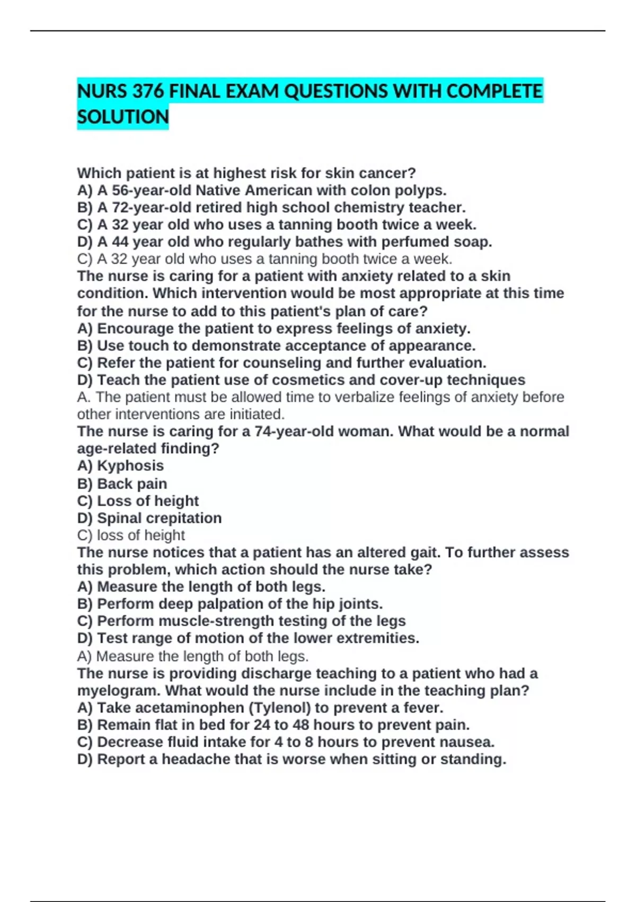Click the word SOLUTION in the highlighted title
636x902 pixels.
click(122, 117)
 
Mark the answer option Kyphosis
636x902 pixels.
click(130, 466)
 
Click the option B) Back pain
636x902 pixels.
click(122, 484)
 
